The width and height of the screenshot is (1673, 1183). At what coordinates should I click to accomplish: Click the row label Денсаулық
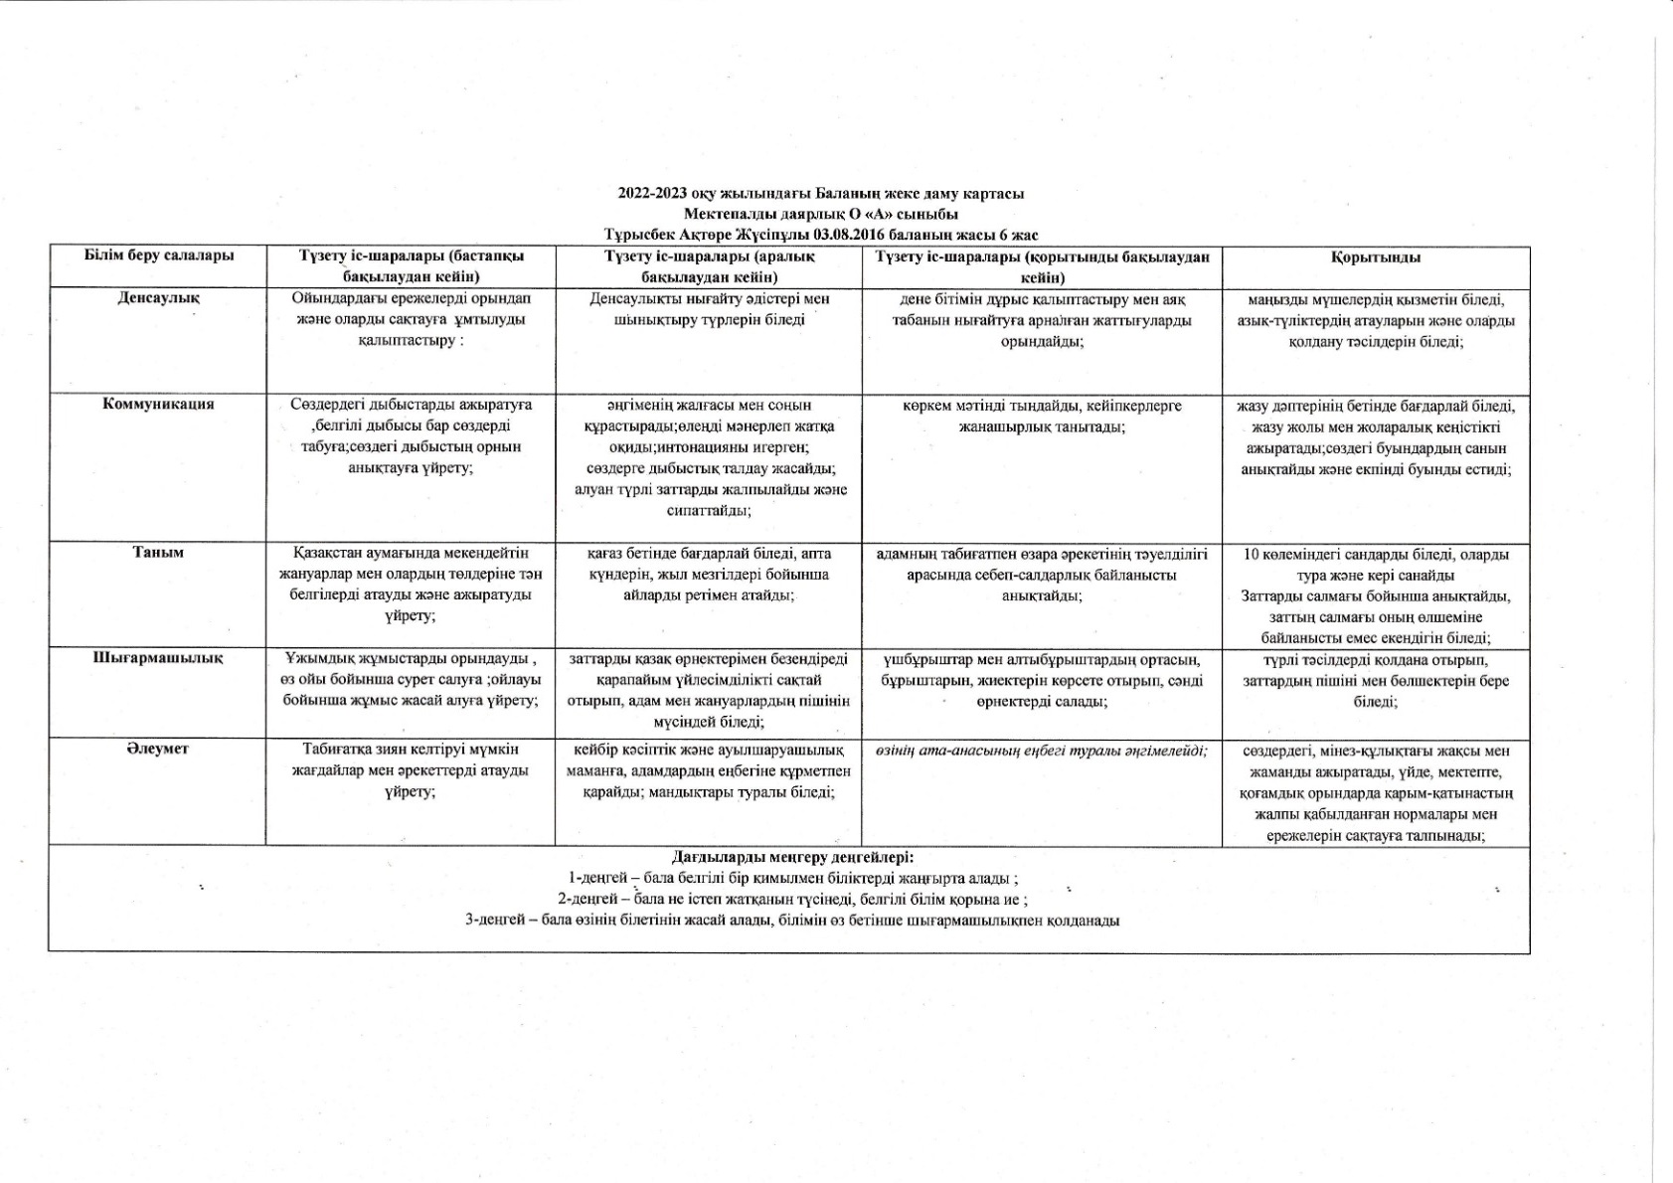pyautogui.click(x=158, y=297)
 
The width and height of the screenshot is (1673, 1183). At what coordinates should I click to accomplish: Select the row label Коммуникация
pyautogui.click(x=158, y=404)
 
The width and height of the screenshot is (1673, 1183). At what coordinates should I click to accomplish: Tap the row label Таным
pyautogui.click(x=158, y=552)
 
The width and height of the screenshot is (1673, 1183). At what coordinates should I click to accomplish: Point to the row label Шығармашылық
pyautogui.click(x=158, y=658)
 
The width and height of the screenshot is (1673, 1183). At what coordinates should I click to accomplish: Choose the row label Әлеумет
pyautogui.click(x=158, y=749)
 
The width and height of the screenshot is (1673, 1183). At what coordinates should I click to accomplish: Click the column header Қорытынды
pyautogui.click(x=1376, y=256)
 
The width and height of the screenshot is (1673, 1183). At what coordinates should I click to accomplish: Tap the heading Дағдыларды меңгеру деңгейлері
pyautogui.click(x=792, y=857)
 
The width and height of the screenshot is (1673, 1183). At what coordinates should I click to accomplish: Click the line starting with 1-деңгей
pyautogui.click(x=792, y=878)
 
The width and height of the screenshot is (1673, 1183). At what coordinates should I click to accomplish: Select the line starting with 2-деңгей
pyautogui.click(x=792, y=899)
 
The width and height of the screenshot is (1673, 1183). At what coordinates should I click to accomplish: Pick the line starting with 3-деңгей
pyautogui.click(x=792, y=920)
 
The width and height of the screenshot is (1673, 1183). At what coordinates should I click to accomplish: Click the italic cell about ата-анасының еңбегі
pyautogui.click(x=1041, y=750)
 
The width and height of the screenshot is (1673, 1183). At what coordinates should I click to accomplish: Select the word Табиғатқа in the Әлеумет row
pyautogui.click(x=335, y=749)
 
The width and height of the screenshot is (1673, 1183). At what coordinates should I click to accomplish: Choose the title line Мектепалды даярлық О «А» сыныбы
pyautogui.click(x=820, y=214)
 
